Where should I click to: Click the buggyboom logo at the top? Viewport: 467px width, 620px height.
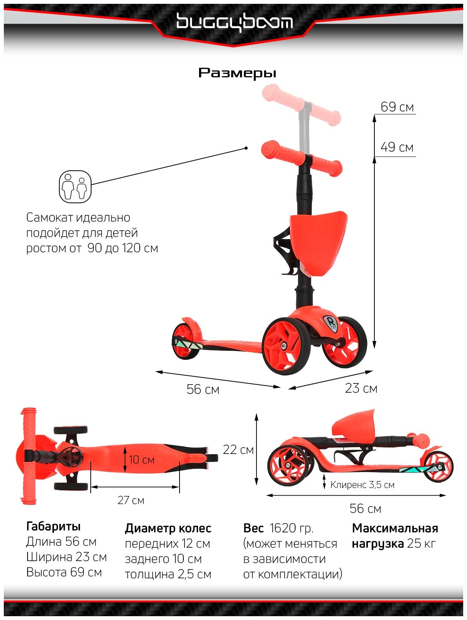click(234, 22)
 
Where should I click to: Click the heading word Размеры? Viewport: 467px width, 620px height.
click(237, 73)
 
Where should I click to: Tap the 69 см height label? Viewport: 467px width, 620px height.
click(397, 107)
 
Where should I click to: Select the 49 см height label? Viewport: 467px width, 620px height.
click(397, 147)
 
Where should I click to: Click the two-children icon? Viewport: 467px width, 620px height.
click(75, 187)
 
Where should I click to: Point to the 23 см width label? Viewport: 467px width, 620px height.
click(361, 388)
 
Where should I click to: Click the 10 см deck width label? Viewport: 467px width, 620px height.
click(142, 460)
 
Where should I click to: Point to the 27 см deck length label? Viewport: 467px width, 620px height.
click(131, 500)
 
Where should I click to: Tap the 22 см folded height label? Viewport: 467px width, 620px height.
click(238, 450)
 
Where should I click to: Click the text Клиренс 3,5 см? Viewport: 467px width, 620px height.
click(362, 485)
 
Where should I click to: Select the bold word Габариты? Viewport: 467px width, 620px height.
click(53, 527)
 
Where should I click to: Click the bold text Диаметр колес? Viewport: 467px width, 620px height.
click(168, 529)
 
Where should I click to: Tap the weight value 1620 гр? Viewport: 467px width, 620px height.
click(291, 529)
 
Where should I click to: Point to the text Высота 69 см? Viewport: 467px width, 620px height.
click(64, 573)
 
